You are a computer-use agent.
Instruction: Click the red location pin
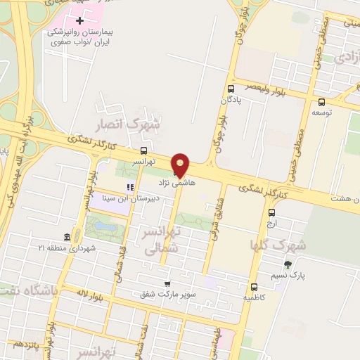point(181,164)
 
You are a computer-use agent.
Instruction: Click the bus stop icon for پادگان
point(231,89)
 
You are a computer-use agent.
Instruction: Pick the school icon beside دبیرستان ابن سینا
point(129,187)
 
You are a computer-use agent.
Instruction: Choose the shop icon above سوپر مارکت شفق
point(167,284)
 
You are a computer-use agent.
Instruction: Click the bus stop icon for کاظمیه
point(254,287)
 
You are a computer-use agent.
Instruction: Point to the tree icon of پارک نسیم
point(288,264)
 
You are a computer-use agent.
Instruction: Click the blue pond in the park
point(103,228)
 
